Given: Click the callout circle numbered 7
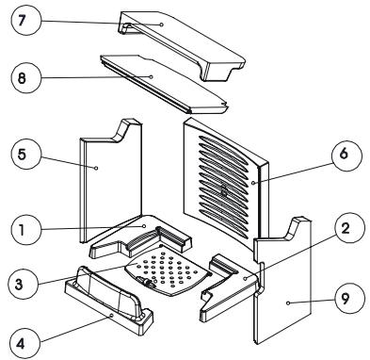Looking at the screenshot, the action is [x=25, y=20].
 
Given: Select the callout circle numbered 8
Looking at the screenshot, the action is [x=25, y=77].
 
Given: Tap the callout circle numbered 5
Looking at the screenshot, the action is [x=25, y=155].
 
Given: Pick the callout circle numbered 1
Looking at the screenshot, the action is [x=25, y=230].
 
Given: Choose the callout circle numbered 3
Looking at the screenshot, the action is [x=24, y=284].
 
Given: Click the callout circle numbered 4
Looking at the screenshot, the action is [x=24, y=343].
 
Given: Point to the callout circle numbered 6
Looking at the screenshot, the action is [x=347, y=155].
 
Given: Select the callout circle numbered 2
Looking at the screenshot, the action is [x=349, y=228].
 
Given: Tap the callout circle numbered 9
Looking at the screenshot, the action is [x=349, y=298].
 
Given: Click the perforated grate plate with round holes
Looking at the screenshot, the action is [x=167, y=270].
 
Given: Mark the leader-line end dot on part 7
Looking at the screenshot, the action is [x=162, y=25].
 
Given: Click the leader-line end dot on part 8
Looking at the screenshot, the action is [x=152, y=76].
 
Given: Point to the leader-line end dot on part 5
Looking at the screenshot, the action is [x=96, y=168].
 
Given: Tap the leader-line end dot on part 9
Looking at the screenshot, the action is [x=288, y=303].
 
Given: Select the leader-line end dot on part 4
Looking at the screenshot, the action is [x=112, y=315].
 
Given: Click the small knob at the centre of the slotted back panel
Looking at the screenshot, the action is [x=224, y=190].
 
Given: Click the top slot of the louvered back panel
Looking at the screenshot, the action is [x=223, y=145].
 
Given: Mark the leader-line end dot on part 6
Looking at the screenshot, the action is [x=253, y=182].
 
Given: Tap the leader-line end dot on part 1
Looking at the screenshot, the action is [x=144, y=226].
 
